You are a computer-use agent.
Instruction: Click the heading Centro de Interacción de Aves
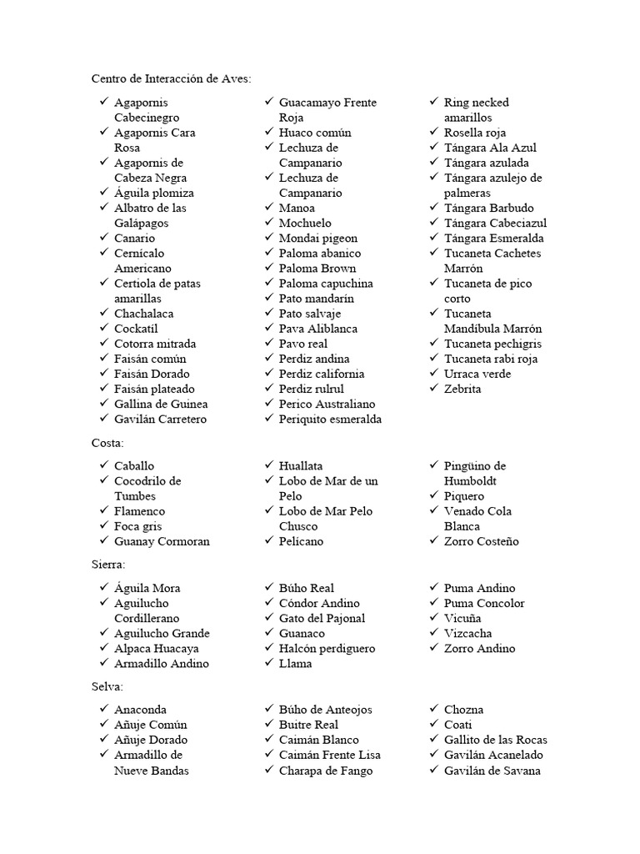click(171, 78)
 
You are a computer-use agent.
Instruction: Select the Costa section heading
click(107, 442)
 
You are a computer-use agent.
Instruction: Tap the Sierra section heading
click(108, 565)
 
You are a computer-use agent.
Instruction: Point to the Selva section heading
click(107, 686)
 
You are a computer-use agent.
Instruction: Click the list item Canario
click(134, 239)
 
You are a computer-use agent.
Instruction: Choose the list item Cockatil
click(136, 329)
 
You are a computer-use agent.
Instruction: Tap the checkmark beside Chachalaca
click(103, 313)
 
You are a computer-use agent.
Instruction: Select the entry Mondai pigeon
click(318, 239)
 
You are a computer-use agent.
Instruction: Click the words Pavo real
click(303, 344)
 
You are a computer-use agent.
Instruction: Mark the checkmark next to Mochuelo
click(269, 223)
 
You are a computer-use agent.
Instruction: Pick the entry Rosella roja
click(475, 133)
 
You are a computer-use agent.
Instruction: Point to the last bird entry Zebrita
click(462, 389)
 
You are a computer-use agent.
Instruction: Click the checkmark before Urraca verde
click(434, 373)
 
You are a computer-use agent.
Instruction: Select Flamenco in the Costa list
click(139, 511)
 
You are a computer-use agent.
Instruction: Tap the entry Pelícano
click(301, 541)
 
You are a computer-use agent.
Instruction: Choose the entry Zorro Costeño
click(481, 541)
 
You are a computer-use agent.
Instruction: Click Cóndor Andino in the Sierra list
click(319, 603)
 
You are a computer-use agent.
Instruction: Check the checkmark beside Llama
click(269, 663)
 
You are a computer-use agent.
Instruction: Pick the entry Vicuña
click(462, 618)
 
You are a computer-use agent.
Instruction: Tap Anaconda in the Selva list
click(140, 710)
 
